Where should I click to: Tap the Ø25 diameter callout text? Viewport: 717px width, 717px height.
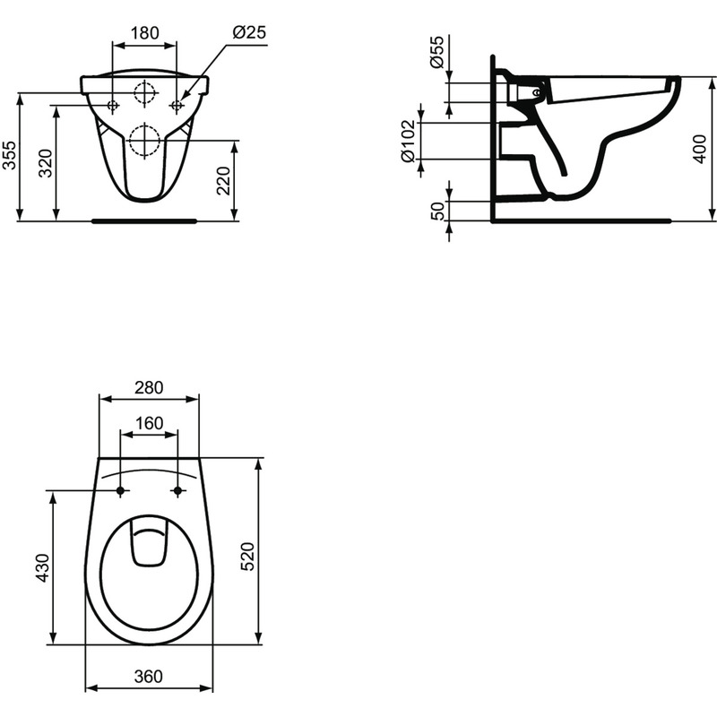[249, 32]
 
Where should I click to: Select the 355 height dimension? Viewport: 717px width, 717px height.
[8, 155]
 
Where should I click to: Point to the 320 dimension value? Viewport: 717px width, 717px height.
[46, 162]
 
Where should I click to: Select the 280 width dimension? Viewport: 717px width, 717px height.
[149, 388]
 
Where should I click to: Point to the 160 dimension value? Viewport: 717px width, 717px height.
[149, 423]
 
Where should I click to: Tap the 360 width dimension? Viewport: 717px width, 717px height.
[149, 678]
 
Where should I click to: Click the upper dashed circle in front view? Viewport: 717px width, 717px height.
[144, 93]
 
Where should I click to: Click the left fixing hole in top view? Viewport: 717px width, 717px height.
[120, 490]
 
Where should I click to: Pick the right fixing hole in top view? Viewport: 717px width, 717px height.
[177, 490]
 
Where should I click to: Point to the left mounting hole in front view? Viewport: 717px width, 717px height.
[112, 107]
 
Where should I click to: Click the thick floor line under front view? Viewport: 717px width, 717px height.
[144, 219]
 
